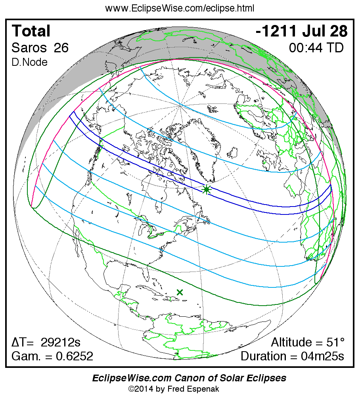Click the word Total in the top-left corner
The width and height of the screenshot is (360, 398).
pyautogui.click(x=31, y=31)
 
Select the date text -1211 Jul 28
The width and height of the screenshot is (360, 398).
pyautogui.click(x=302, y=31)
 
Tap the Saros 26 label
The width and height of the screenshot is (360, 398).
pyautogui.click(x=40, y=48)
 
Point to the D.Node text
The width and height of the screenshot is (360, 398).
pyautogui.click(x=30, y=62)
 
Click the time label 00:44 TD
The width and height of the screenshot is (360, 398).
pyautogui.click(x=316, y=48)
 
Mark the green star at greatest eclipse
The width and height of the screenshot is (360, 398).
pyautogui.click(x=206, y=190)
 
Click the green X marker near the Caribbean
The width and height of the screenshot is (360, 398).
pyautogui.click(x=180, y=292)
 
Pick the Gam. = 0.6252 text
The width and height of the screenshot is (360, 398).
pyautogui.click(x=52, y=356)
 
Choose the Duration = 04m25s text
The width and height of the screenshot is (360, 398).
pyautogui.click(x=292, y=356)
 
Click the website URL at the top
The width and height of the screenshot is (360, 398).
pyautogui.click(x=180, y=8)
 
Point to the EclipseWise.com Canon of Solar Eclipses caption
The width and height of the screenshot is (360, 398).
pyautogui.click(x=189, y=378)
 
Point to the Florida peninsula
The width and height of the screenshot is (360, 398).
pyautogui.click(x=146, y=274)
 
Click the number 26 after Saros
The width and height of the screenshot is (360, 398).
pyautogui.click(x=61, y=48)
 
